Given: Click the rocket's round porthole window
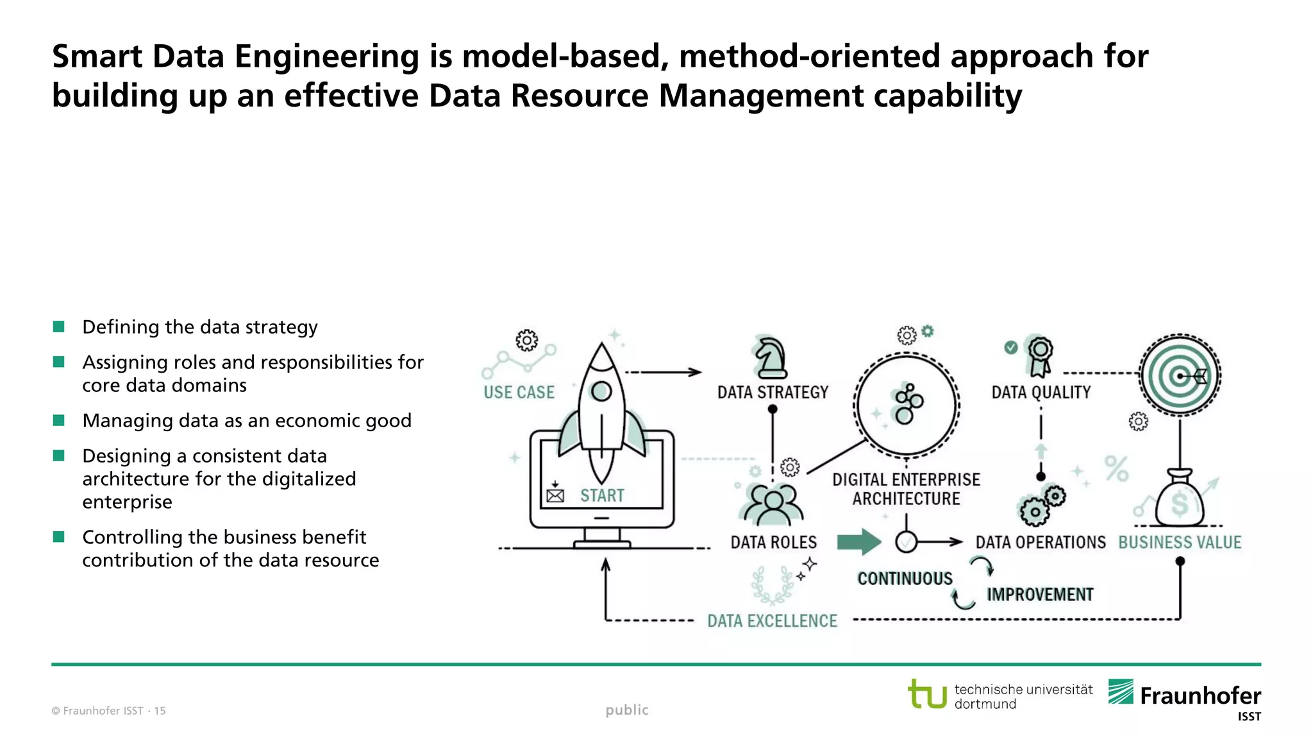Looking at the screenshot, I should tap(601, 391).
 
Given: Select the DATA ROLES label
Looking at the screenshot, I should tap(773, 543).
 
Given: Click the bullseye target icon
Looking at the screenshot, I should tap(1180, 376).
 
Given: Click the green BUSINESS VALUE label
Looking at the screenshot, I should tap(1180, 543).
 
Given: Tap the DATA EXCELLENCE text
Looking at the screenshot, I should tap(772, 621).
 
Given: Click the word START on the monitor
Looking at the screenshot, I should tap(602, 496).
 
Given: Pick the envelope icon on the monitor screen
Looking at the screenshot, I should tap(555, 496).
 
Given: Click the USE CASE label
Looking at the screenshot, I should tap(519, 393).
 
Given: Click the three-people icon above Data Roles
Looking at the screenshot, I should tap(773, 505).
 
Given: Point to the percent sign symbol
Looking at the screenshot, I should tap(1116, 469).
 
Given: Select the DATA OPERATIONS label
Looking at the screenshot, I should tap(1040, 543).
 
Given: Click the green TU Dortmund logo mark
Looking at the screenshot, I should tap(927, 694).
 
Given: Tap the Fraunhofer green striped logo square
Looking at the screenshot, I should tap(1121, 692).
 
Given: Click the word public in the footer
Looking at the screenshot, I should tap(626, 710).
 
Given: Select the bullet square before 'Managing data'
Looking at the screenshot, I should tap(59, 420).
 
